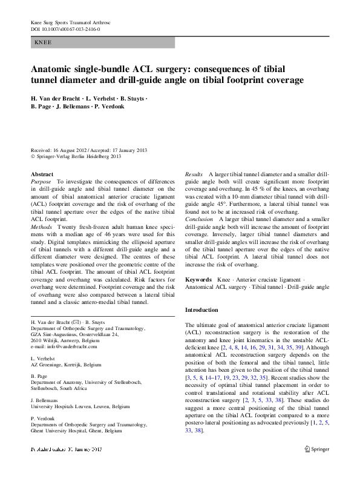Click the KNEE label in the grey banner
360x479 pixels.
43,43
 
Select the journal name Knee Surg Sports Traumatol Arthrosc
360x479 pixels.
71,22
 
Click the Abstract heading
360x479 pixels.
42,174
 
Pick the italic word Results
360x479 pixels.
194,174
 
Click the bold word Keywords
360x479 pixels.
198,279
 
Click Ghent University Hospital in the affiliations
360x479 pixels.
62,432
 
